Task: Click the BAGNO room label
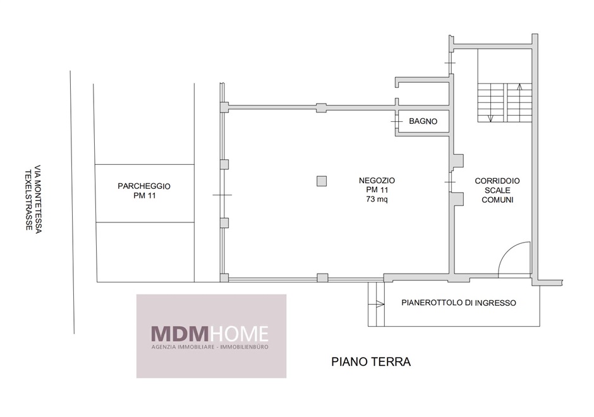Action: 423,121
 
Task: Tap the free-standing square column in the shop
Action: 322,181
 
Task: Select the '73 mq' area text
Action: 377,199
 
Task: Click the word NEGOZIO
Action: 377,181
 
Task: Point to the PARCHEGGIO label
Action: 144,186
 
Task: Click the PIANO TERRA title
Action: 371,361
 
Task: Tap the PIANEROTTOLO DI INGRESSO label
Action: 458,303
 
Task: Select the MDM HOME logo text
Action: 210,334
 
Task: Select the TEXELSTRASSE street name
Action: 28,200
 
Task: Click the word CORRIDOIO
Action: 497,181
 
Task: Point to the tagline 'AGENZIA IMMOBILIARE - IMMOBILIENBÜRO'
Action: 210,347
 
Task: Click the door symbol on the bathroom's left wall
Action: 396,121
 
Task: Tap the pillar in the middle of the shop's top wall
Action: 321,107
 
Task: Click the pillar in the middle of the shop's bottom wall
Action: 322,278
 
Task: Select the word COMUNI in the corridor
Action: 497,200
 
